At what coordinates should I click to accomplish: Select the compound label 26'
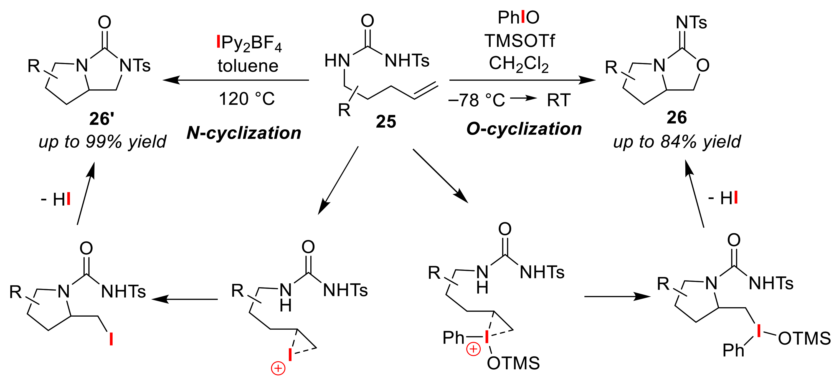(x=102, y=118)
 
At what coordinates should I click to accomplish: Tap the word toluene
(x=248, y=66)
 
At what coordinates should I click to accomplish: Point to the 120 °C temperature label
(x=247, y=99)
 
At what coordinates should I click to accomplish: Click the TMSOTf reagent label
(x=519, y=41)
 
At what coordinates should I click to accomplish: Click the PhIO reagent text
(x=518, y=17)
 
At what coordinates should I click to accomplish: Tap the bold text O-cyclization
(x=524, y=129)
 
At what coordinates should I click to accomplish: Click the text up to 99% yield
(x=102, y=142)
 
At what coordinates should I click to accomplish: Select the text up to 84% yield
(x=677, y=142)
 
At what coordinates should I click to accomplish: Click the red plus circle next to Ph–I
(x=473, y=349)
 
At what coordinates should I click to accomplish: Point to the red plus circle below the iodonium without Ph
(x=278, y=369)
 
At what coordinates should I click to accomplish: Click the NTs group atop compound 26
(x=691, y=22)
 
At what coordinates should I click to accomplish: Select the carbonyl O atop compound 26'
(x=105, y=22)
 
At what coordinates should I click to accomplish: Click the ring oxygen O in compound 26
(x=703, y=65)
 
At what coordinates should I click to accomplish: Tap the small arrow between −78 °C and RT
(x=524, y=98)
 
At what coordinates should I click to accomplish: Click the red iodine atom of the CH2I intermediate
(x=111, y=339)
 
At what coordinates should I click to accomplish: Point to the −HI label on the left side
(x=56, y=199)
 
